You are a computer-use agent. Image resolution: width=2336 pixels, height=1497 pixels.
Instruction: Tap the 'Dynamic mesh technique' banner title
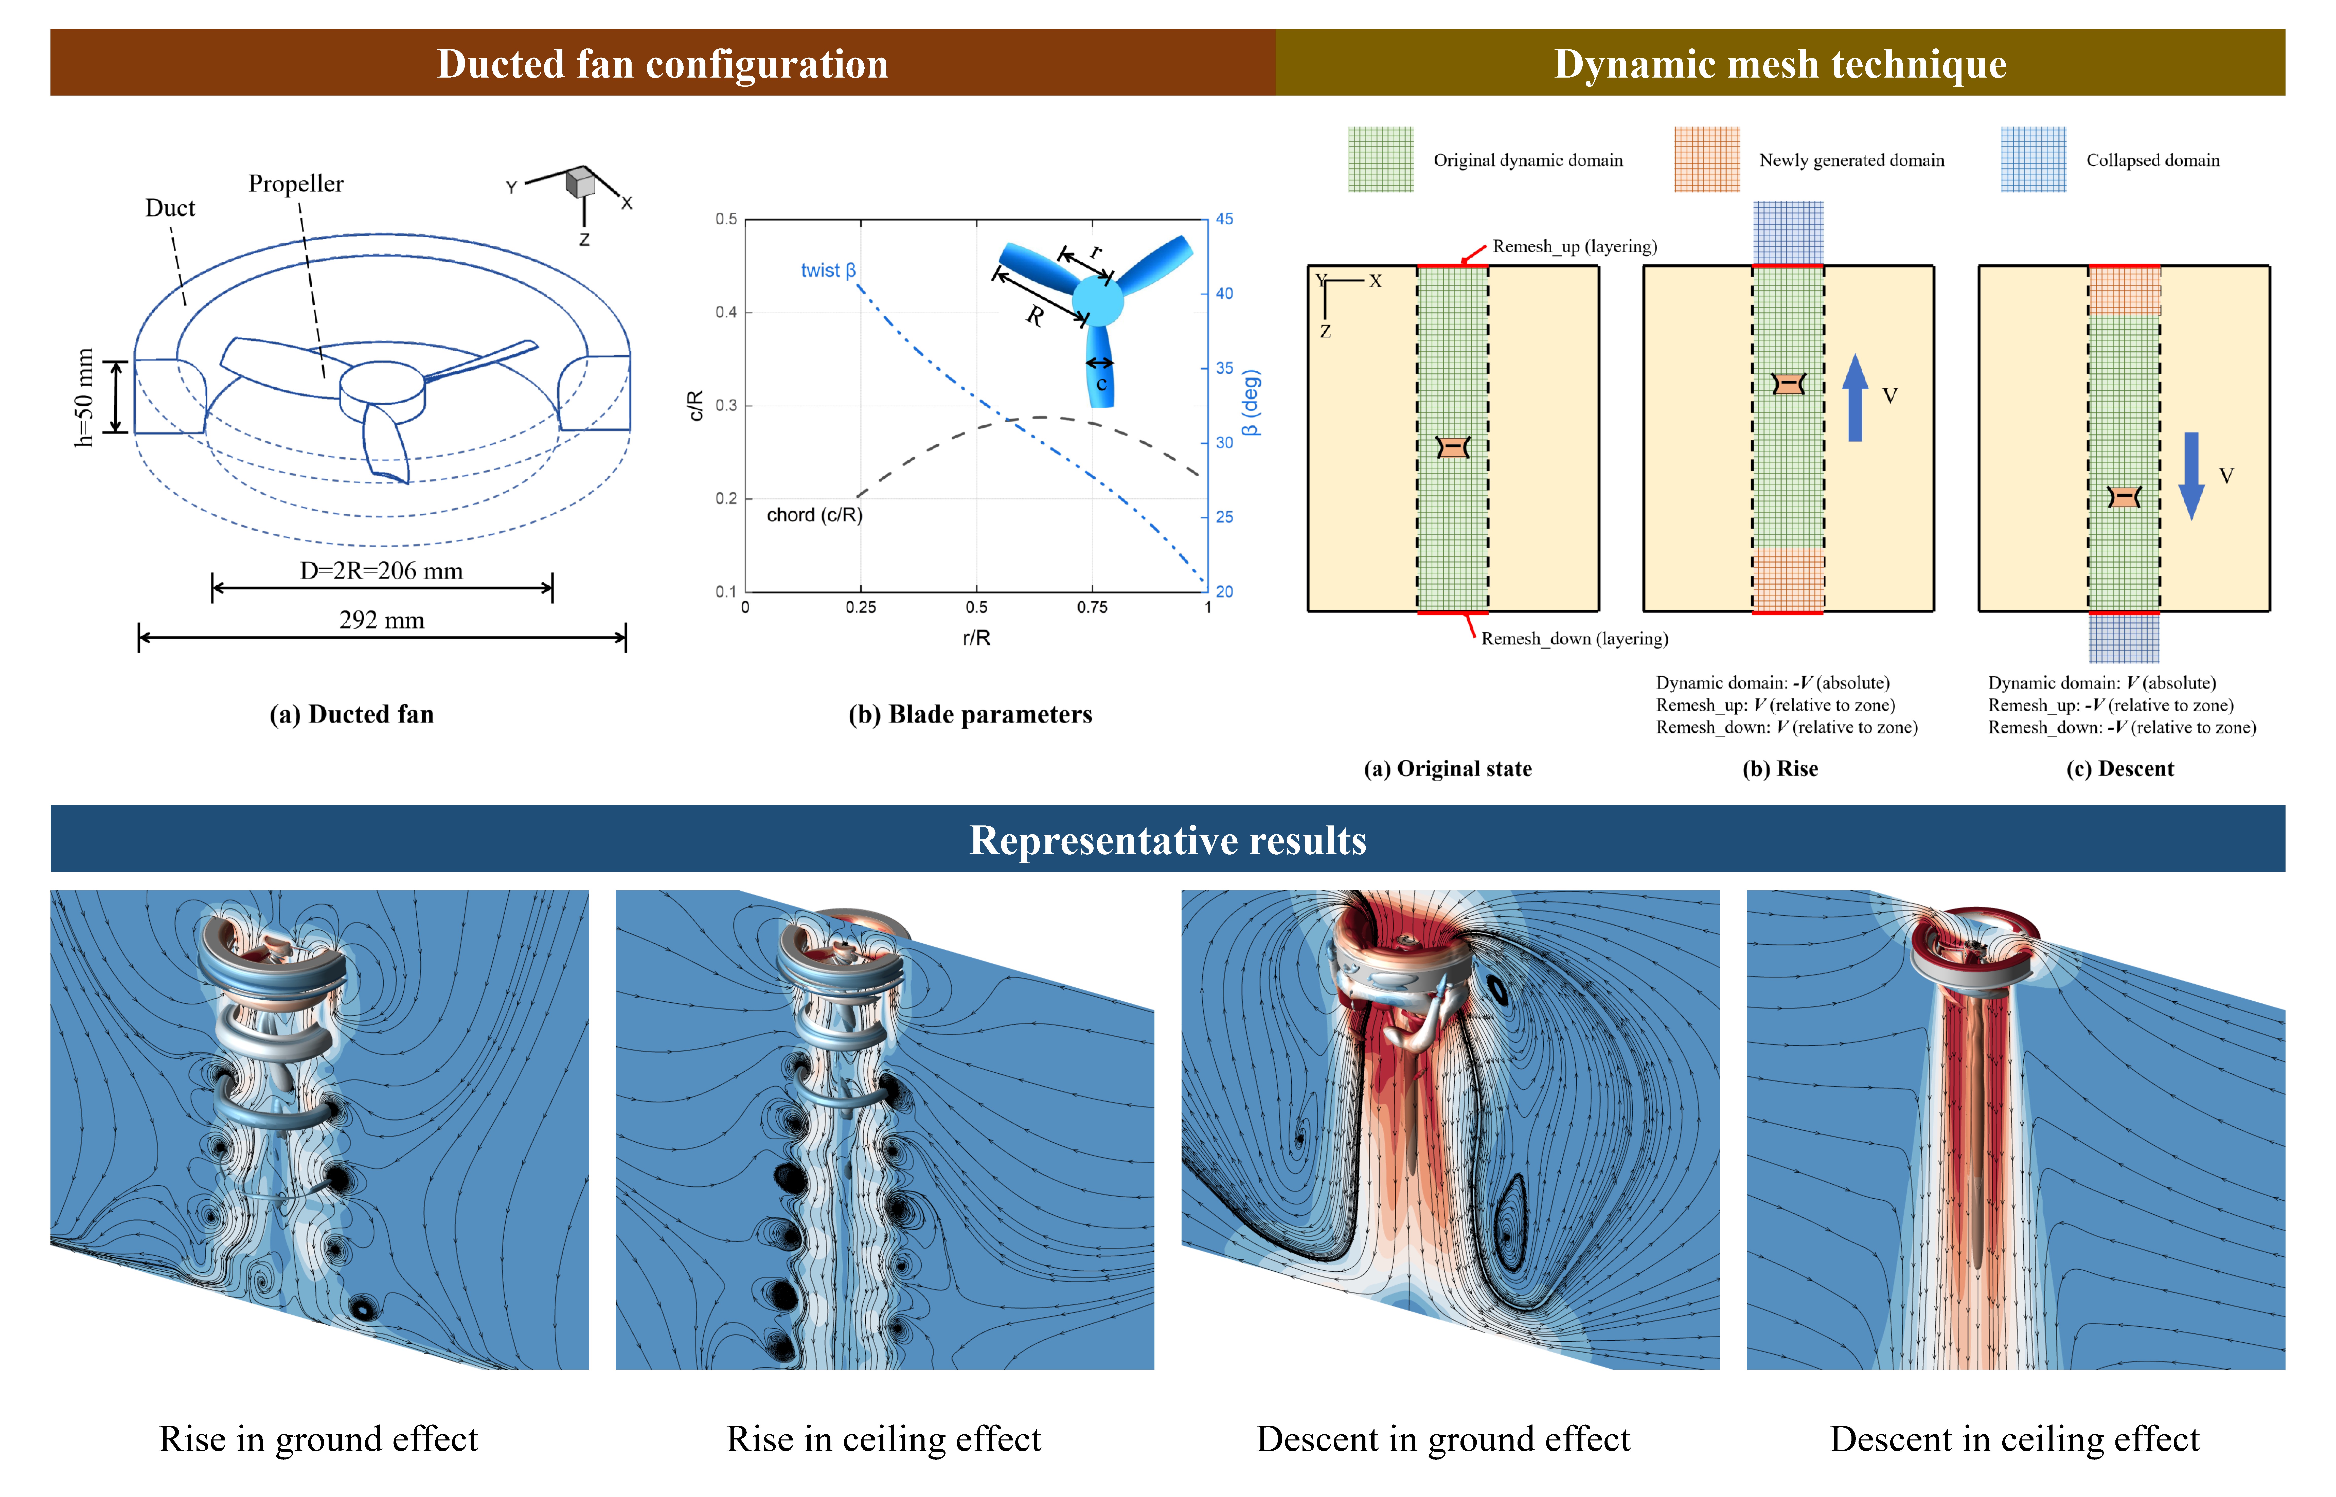[1780, 64]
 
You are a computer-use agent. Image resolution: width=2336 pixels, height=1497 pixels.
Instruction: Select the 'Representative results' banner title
[1168, 840]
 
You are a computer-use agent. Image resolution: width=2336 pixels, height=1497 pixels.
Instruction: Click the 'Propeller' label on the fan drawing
[296, 184]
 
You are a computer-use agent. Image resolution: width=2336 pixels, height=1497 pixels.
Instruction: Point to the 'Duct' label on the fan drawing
[170, 208]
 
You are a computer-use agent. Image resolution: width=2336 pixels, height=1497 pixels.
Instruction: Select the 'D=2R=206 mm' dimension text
[381, 571]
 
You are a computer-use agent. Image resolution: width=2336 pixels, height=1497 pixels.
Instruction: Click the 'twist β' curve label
[827, 270]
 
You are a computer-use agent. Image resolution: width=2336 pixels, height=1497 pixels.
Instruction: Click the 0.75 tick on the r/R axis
[1092, 608]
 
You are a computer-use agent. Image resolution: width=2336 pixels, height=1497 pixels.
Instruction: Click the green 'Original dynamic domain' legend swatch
[1380, 159]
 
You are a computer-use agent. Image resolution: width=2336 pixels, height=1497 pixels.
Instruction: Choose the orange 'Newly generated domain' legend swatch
[1706, 159]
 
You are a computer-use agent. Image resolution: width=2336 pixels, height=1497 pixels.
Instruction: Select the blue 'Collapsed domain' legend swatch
[2033, 159]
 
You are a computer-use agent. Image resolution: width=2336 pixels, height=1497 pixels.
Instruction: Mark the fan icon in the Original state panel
[1452, 447]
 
